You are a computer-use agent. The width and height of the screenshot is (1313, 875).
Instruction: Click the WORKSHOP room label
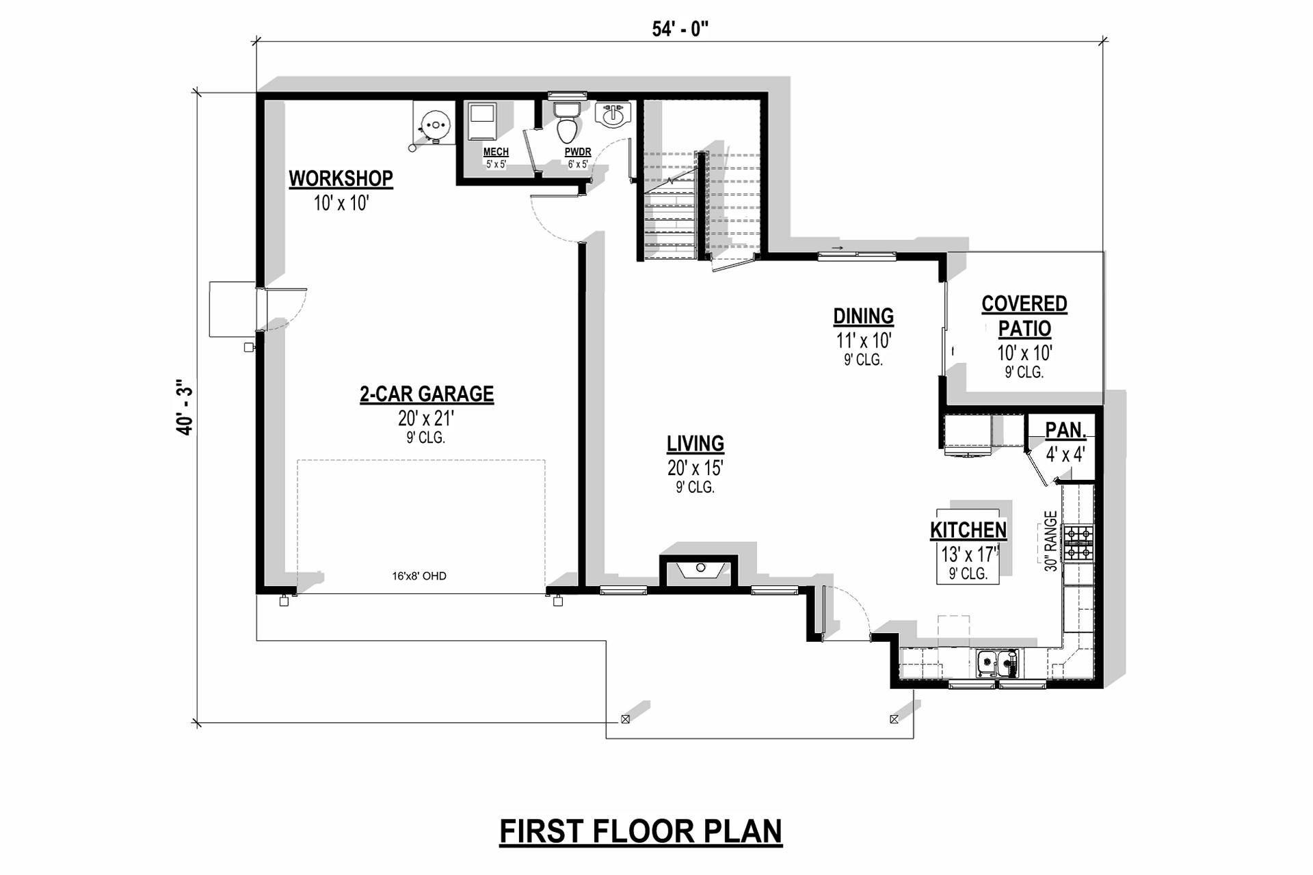click(x=341, y=178)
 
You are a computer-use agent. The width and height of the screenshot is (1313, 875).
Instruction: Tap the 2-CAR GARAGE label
click(x=427, y=394)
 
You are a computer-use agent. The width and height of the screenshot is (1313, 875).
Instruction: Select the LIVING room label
click(x=695, y=444)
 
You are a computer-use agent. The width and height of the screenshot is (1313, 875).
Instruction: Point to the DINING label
click(x=863, y=317)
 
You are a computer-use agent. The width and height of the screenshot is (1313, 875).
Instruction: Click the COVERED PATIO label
click(x=1024, y=316)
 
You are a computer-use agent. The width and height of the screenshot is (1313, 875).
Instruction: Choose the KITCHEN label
click(x=968, y=530)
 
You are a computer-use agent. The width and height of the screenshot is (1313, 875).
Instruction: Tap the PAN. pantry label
click(x=1065, y=430)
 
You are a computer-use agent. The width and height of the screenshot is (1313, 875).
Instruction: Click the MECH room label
click(x=496, y=152)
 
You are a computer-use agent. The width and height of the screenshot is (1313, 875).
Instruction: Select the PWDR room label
click(x=578, y=152)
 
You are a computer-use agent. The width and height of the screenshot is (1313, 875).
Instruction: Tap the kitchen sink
click(x=997, y=663)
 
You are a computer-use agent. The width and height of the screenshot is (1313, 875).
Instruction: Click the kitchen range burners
click(x=1078, y=543)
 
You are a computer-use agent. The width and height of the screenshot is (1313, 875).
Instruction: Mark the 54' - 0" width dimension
click(x=680, y=29)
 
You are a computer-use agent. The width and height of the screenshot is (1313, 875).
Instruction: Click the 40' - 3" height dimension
click(x=185, y=407)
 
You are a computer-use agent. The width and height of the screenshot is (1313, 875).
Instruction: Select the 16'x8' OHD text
click(x=419, y=576)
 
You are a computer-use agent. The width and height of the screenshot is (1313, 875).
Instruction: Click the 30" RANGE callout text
click(x=1051, y=541)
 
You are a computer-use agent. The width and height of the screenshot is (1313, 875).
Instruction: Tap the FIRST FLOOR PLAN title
click(x=641, y=831)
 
